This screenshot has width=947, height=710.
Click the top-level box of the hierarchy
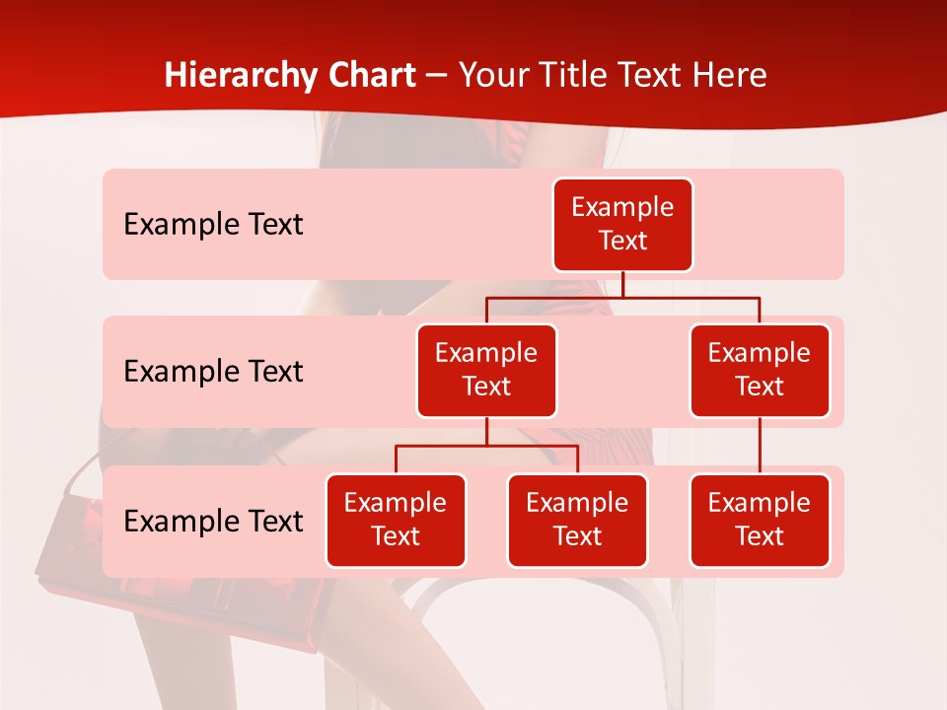coord(622,225)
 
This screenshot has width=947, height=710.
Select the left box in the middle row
coord(486,371)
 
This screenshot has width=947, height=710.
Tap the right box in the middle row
coord(760,371)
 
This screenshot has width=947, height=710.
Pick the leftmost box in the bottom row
coord(396,521)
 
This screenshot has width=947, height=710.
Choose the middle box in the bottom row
coord(577,521)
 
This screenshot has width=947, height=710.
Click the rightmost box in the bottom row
coord(760,521)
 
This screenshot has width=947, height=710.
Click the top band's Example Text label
coord(213,225)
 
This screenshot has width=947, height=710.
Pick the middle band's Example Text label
coord(213,372)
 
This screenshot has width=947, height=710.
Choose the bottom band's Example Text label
coord(213,522)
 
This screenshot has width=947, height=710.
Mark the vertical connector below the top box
coord(622,284)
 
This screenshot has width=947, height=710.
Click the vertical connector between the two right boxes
coord(760,446)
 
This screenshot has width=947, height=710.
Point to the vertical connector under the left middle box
coord(486,432)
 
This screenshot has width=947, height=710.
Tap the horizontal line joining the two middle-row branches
coord(622,297)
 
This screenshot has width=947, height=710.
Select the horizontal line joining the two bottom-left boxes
coord(486,446)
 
